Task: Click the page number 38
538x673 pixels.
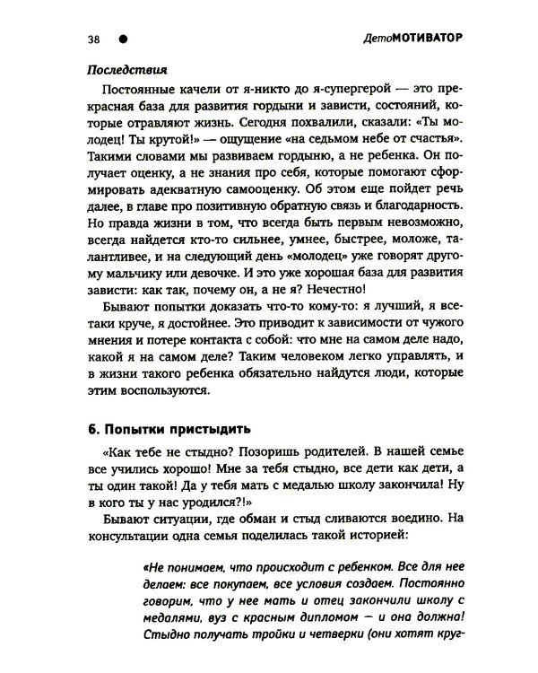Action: point(93,39)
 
